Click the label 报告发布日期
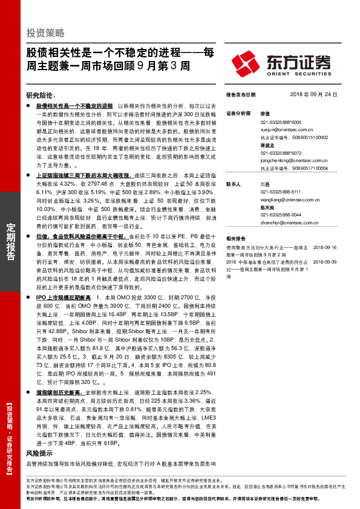point(240,95)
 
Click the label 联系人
point(233,184)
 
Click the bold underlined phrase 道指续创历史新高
point(62,392)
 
